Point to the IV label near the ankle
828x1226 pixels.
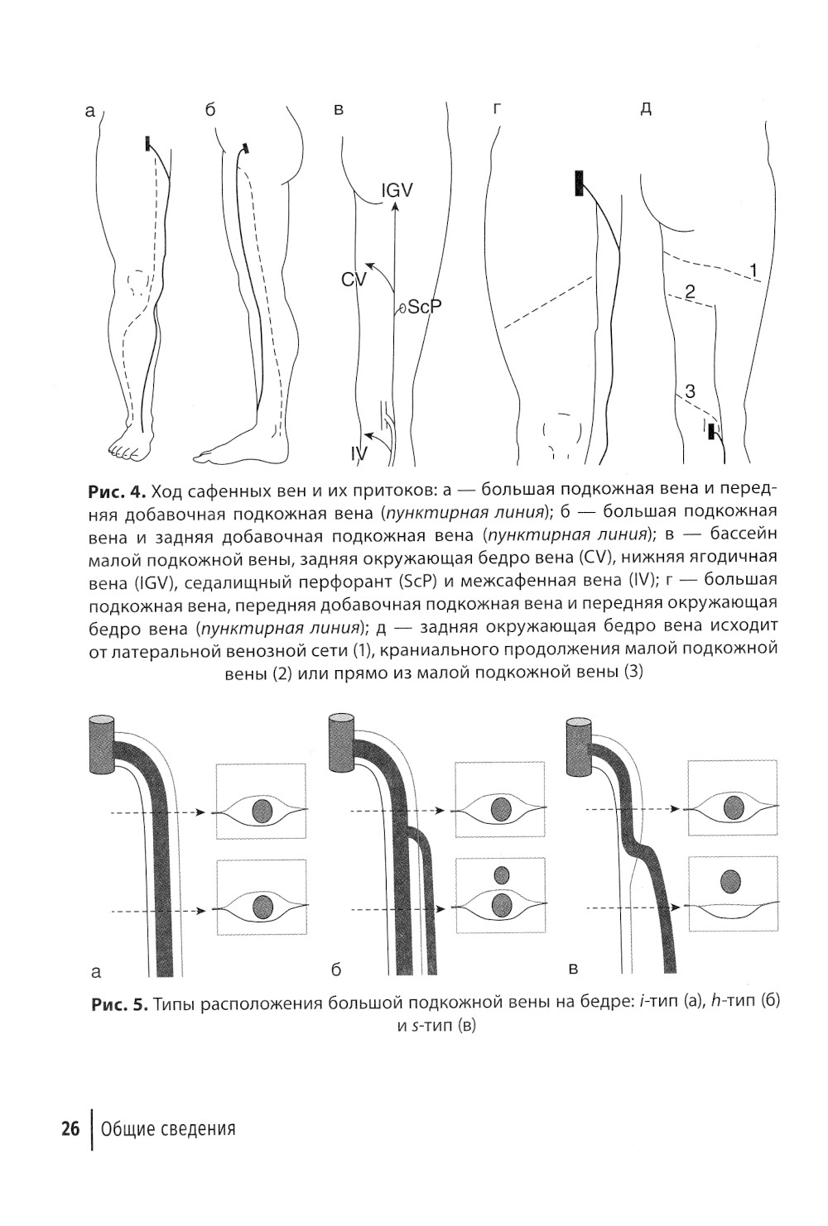coord(357,453)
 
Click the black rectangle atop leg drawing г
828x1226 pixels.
coord(578,183)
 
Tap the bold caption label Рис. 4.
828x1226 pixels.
coord(115,491)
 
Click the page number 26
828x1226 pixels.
coord(70,1128)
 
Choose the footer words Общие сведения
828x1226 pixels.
coord(168,1128)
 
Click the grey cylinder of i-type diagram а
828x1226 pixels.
coord(103,745)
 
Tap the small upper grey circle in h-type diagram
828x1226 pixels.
coord(501,874)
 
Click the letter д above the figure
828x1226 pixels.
coord(646,109)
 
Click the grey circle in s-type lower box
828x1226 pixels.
coord(730,882)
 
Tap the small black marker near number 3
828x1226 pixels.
coord(710,431)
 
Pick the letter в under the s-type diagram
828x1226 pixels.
coord(572,967)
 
